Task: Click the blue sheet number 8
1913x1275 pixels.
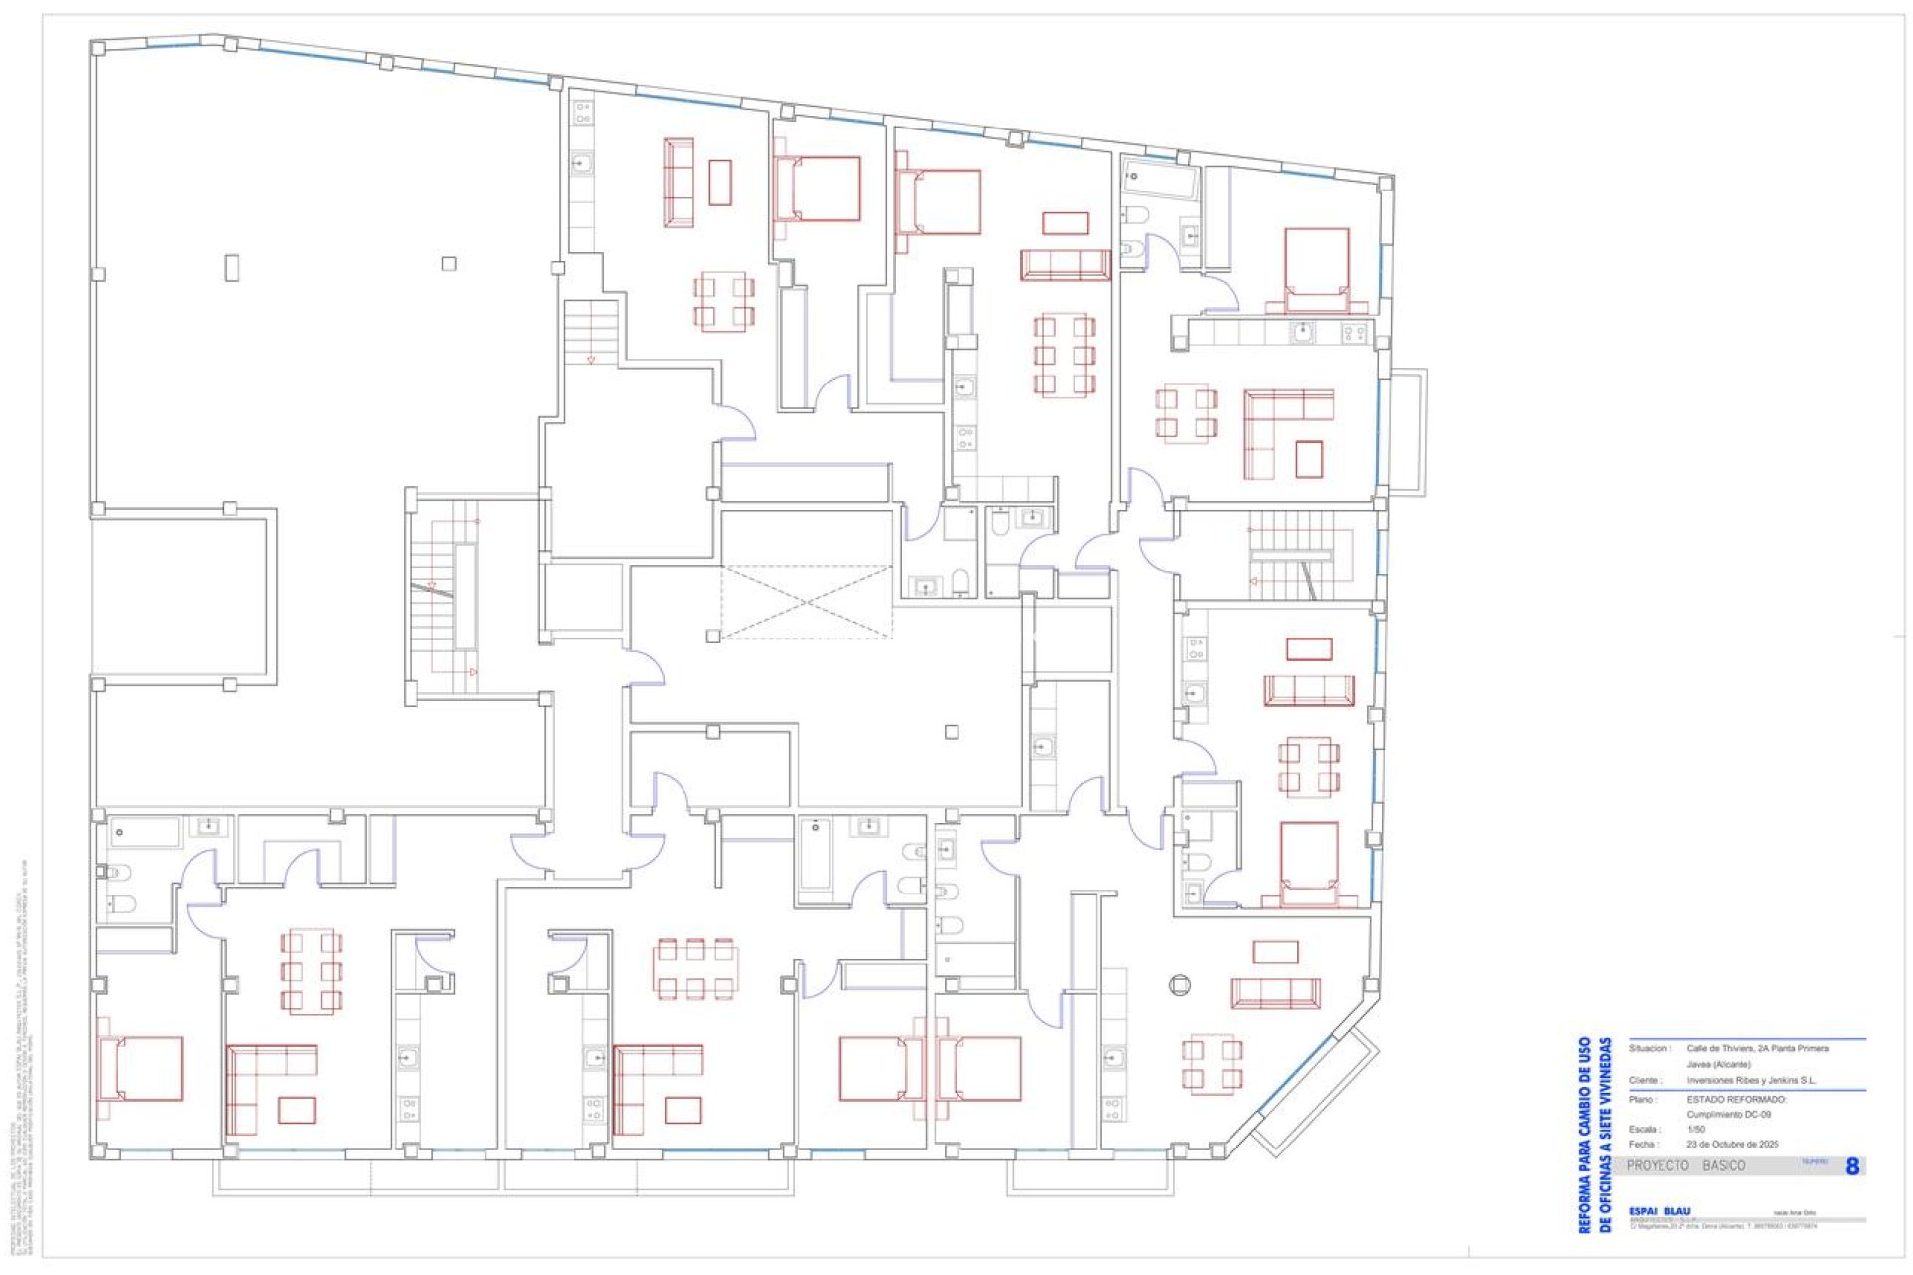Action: tap(1851, 1166)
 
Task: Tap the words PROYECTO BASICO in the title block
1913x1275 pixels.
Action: tap(1686, 1165)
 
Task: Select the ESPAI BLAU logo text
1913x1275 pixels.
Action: tap(1659, 1211)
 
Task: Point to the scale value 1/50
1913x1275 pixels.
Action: tap(1695, 1129)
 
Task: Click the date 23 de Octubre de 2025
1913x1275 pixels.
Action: tap(1732, 1144)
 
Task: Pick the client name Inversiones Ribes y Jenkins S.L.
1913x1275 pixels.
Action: tap(1751, 1080)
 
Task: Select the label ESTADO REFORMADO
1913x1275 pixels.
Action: tap(1737, 1099)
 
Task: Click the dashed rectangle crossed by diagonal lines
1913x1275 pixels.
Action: tap(806, 602)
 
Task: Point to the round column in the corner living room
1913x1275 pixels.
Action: tap(1179, 985)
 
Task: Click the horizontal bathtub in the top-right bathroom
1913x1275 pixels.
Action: tap(1159, 181)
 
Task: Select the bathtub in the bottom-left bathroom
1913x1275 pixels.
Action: tap(144, 832)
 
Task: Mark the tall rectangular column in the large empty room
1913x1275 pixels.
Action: tap(232, 268)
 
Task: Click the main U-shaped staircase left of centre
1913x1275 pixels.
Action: tap(444, 598)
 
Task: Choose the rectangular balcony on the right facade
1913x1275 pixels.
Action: tap(1407, 431)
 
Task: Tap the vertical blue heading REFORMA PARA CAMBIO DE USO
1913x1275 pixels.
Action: tap(1584, 1135)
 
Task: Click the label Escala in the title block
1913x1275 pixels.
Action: tap(1644, 1129)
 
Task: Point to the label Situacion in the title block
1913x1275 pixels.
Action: tap(1649, 1048)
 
